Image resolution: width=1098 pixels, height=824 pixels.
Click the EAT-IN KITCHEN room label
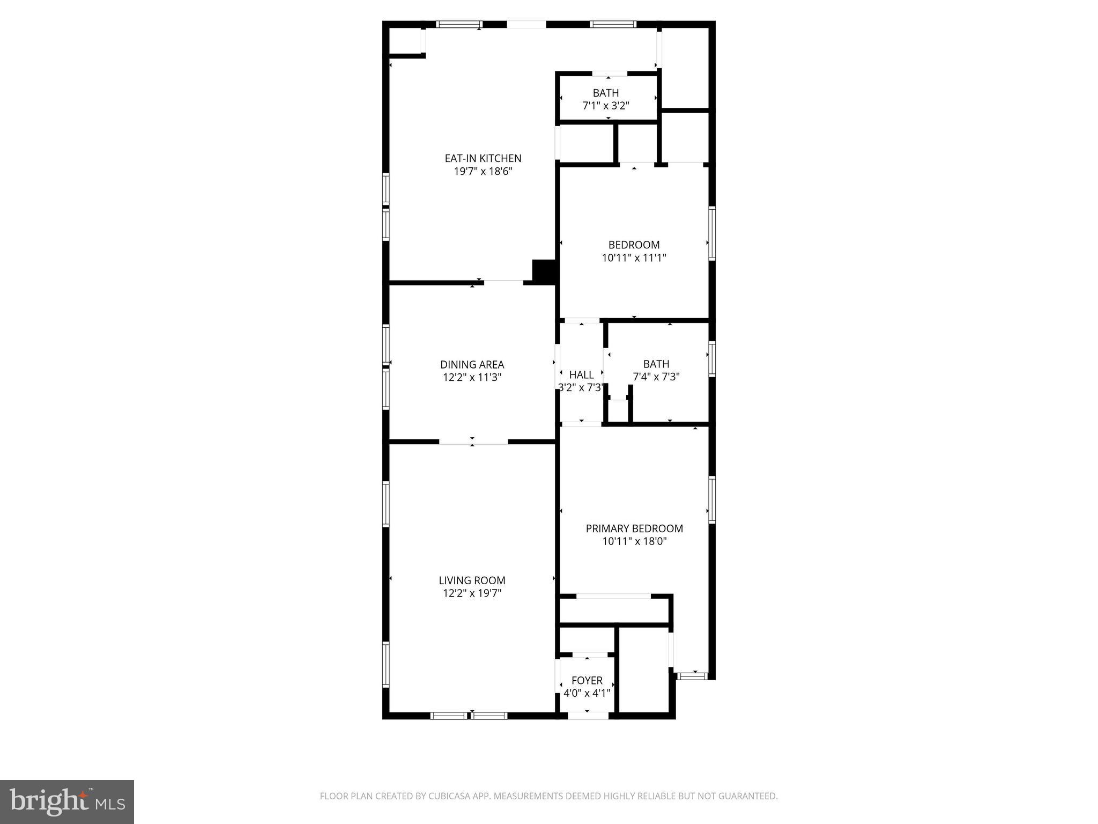pyautogui.click(x=483, y=158)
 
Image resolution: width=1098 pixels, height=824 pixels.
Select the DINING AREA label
pyautogui.click(x=472, y=365)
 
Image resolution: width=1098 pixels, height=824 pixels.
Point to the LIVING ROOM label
pyautogui.click(x=472, y=580)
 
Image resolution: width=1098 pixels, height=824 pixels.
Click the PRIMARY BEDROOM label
pyautogui.click(x=634, y=528)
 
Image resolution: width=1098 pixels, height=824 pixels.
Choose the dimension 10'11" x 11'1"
pyautogui.click(x=634, y=257)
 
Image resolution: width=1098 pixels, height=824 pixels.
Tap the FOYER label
pyautogui.click(x=587, y=680)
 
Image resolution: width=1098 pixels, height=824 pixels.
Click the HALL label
pyautogui.click(x=581, y=374)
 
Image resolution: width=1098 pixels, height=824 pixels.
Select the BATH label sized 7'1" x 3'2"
pyautogui.click(x=605, y=93)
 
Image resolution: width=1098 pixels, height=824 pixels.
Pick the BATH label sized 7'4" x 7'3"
pyautogui.click(x=656, y=364)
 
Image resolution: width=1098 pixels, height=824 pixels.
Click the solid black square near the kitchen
pyautogui.click(x=544, y=271)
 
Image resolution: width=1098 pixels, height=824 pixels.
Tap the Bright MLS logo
pyautogui.click(x=67, y=802)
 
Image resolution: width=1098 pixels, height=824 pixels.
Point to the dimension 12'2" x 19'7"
pyautogui.click(x=472, y=593)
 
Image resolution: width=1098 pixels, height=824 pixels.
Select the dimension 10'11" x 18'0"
pyautogui.click(x=634, y=541)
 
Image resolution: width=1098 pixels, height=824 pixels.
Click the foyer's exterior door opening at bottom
pyautogui.click(x=588, y=715)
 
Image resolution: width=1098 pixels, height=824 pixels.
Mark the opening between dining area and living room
pyautogui.click(x=473, y=442)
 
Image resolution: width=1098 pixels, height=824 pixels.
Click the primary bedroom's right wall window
pyautogui.click(x=712, y=499)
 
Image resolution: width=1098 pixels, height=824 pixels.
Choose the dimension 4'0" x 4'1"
pyautogui.click(x=587, y=693)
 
